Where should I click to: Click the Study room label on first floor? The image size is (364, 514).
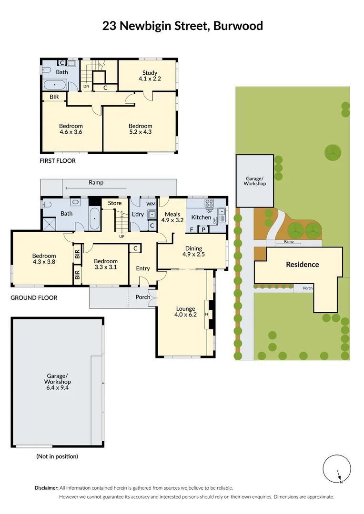click(150, 76)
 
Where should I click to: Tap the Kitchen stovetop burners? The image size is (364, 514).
click(209, 203)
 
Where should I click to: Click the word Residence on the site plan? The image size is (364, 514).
click(302, 265)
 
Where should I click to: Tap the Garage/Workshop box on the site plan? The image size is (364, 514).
click(255, 181)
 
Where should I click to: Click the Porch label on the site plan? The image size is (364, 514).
click(308, 288)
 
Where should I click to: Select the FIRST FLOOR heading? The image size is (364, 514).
click(57, 161)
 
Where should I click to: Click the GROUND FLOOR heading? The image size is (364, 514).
click(34, 298)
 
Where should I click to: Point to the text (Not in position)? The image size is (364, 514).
click(57, 456)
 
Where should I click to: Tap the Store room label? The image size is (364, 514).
click(115, 203)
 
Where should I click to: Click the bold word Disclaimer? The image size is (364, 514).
click(47, 488)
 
